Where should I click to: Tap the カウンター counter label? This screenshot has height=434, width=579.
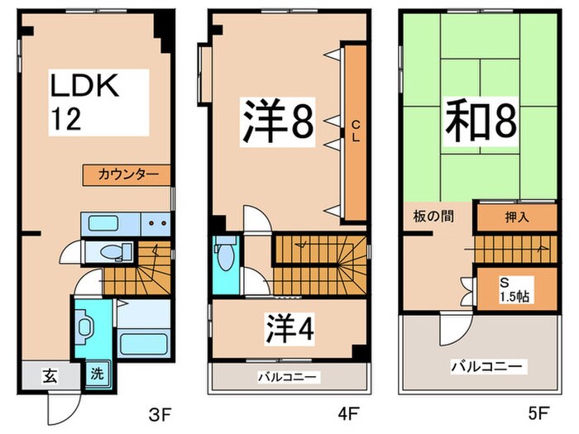(x=126, y=174)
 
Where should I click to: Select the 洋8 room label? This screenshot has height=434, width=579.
(x=277, y=123)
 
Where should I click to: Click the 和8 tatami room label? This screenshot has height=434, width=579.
(x=482, y=123)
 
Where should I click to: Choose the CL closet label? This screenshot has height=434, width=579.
(x=356, y=131)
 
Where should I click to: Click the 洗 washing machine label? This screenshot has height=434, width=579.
(x=97, y=374)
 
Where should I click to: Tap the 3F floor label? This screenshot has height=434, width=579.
(x=152, y=410)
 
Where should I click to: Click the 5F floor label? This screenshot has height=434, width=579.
(x=538, y=410)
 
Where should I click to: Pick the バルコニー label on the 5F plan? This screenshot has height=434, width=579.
(x=486, y=365)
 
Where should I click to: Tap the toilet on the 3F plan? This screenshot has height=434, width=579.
(x=108, y=253)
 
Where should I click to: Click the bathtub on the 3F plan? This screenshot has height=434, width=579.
(x=142, y=342)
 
